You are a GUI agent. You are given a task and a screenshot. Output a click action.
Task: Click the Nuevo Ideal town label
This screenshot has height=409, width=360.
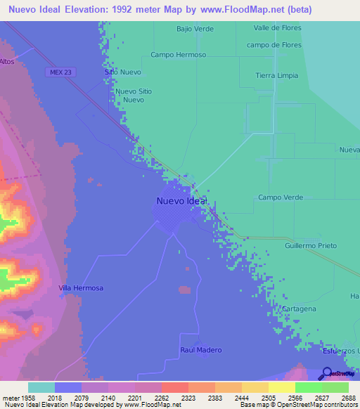coord(181,201)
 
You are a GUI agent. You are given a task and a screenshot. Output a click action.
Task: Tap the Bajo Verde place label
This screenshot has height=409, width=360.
coord(195,29)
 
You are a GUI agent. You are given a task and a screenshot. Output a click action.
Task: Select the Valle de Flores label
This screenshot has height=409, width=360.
coord(278,29)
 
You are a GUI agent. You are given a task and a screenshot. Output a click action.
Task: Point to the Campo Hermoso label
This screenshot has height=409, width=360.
coord(178,55)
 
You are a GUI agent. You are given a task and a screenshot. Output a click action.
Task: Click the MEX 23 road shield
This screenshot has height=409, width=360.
coord(63,72)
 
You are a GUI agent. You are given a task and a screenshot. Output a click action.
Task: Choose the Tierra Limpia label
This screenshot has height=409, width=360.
coord(277,76)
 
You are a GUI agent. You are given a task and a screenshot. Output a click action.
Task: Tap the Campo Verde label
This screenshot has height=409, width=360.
coord(281,197)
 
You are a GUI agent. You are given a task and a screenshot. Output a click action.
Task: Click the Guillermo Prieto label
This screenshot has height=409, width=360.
coord(311,246)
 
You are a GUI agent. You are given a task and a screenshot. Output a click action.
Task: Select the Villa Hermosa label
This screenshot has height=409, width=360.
coord(81,288)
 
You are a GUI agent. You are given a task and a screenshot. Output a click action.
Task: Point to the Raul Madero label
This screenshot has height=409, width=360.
coord(200,350)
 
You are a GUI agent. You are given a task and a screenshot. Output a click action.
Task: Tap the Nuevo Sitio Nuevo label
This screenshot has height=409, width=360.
coord(134,96)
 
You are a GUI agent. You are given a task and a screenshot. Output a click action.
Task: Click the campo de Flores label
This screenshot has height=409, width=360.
coord(274,45)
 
